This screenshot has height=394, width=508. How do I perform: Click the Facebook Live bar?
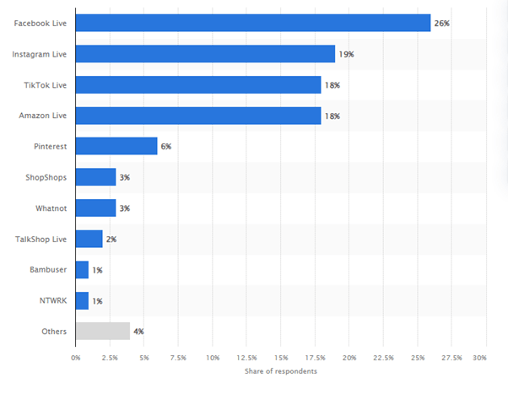tap(253, 23)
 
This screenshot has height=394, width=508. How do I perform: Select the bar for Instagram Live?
tap(205, 54)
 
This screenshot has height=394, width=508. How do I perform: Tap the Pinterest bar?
tap(116, 146)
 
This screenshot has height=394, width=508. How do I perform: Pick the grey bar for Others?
tap(102, 331)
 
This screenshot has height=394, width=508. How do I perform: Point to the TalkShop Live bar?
tap(89, 239)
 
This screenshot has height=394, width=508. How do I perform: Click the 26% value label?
tap(442, 23)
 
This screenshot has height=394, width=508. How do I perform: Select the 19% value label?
tap(346, 54)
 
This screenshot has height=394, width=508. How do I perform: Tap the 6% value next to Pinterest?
tap(166, 146)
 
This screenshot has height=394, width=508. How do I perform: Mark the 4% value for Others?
tap(138, 331)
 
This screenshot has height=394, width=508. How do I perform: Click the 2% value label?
tap(111, 239)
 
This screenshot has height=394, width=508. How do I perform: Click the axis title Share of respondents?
tap(281, 371)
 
